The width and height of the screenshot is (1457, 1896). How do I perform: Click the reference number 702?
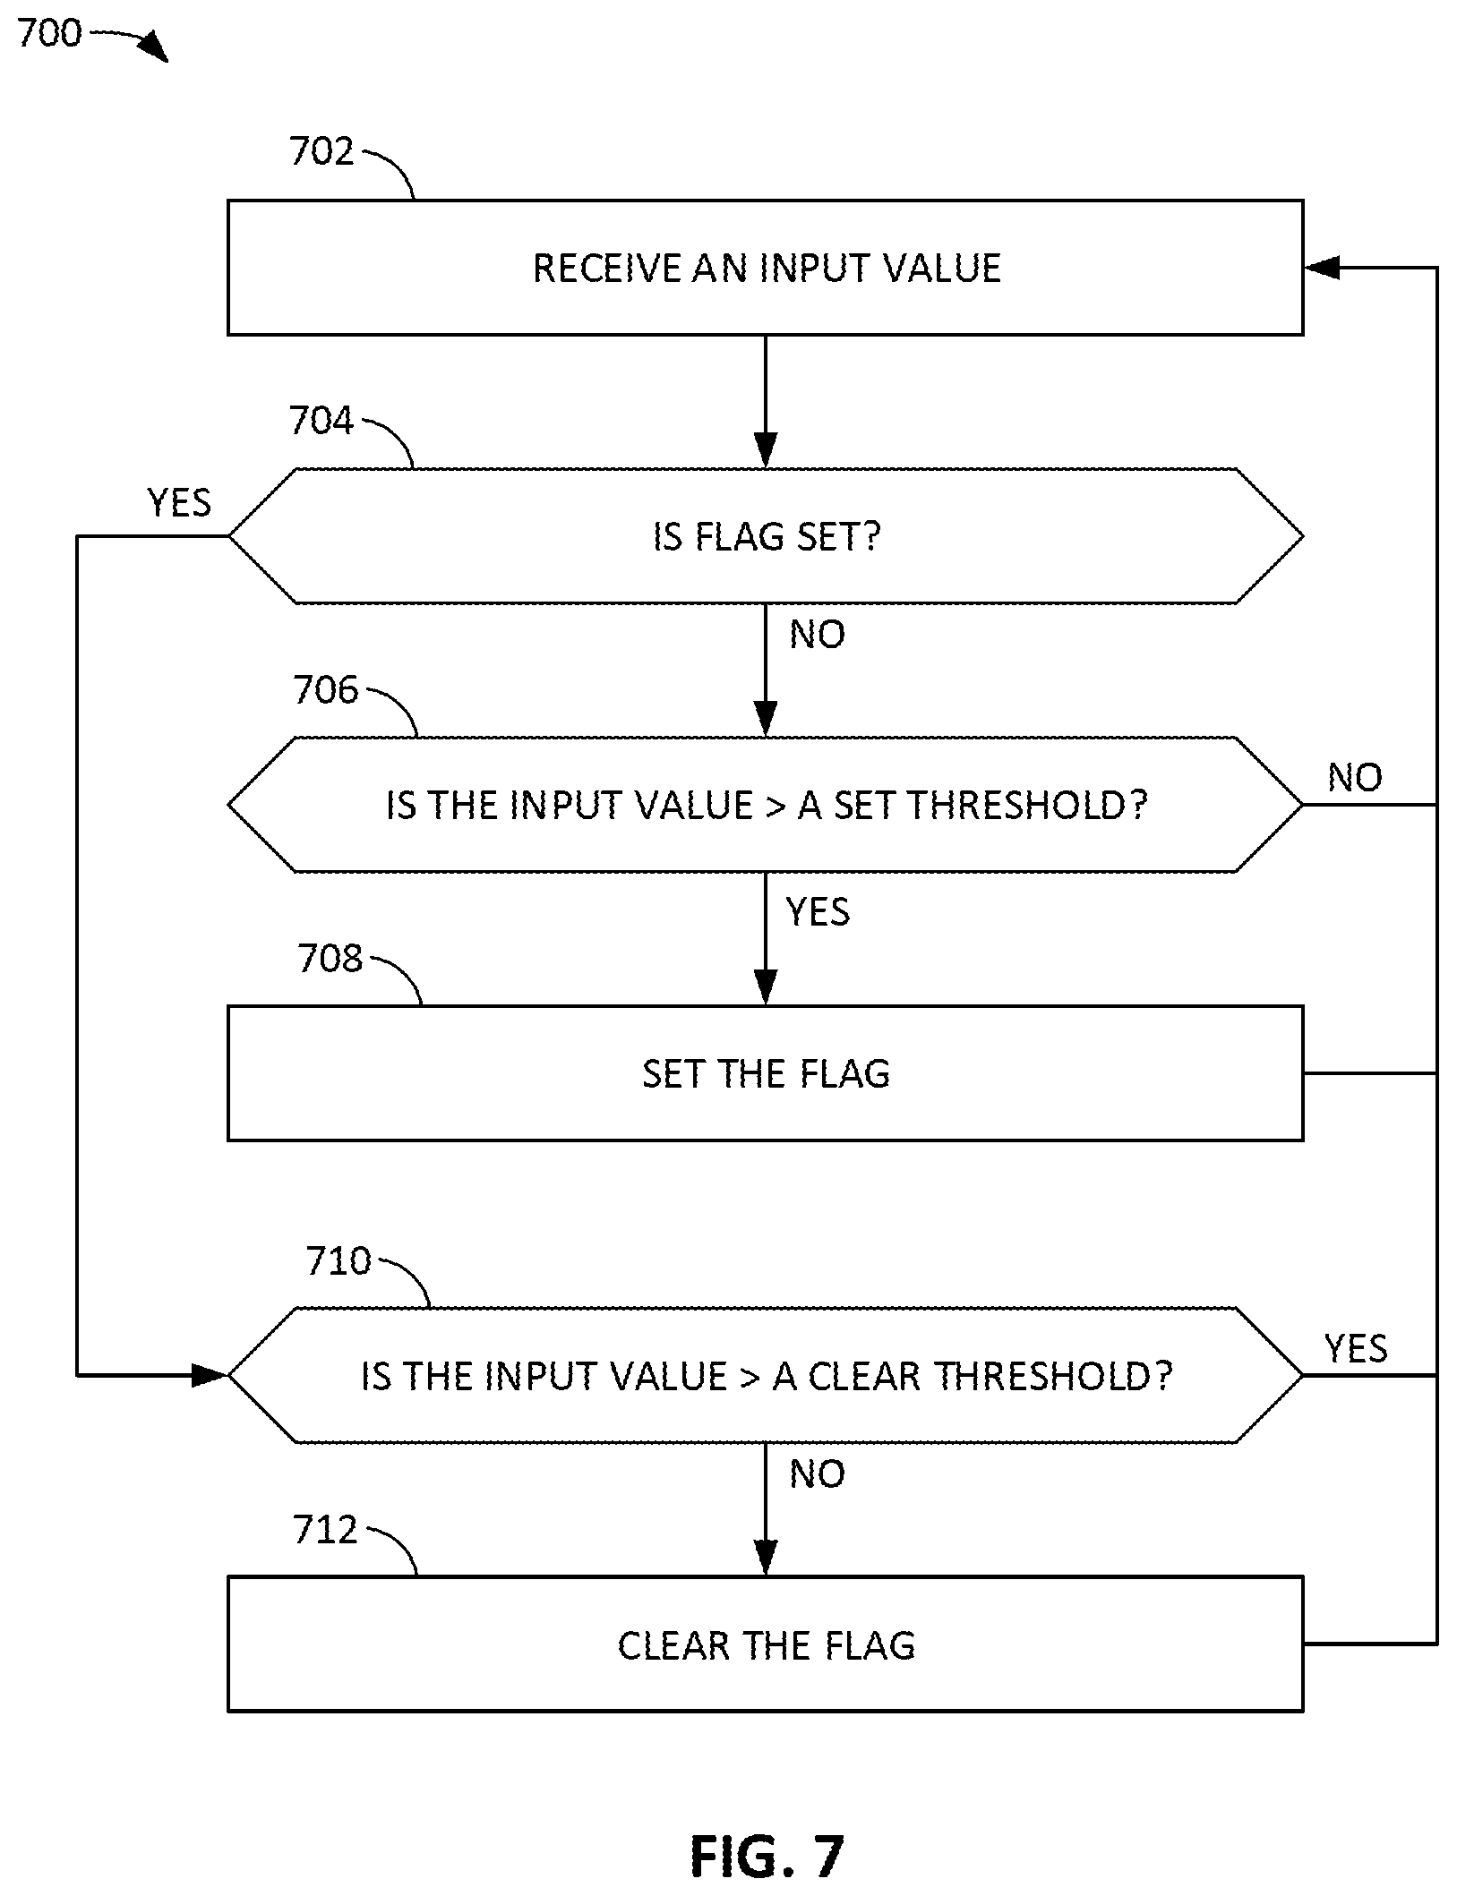tap(321, 151)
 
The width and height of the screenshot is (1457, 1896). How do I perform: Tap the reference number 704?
tap(321, 420)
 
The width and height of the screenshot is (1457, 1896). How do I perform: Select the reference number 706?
tap(326, 689)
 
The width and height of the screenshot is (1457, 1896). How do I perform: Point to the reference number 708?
tap(330, 958)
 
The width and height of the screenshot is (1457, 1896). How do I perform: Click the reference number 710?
tap(339, 1260)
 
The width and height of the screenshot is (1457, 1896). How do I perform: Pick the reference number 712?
tap(326, 1530)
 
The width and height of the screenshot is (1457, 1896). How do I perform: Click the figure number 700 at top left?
tap(49, 33)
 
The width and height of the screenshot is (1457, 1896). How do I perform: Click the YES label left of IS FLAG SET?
tap(179, 502)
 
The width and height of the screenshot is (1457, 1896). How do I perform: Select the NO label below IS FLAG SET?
tap(817, 635)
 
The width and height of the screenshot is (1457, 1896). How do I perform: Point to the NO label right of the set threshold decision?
tap(1354, 778)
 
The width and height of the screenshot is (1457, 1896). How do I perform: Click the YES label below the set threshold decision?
tap(818, 912)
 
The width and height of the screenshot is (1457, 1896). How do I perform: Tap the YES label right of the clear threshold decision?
tap(1356, 1348)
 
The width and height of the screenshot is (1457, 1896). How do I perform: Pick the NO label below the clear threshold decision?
tap(817, 1474)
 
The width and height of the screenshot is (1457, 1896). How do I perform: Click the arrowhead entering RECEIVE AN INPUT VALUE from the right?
tap(1321, 267)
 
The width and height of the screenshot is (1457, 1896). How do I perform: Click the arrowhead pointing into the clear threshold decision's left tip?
tap(211, 1375)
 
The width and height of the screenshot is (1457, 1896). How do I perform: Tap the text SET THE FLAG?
tap(767, 1073)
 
